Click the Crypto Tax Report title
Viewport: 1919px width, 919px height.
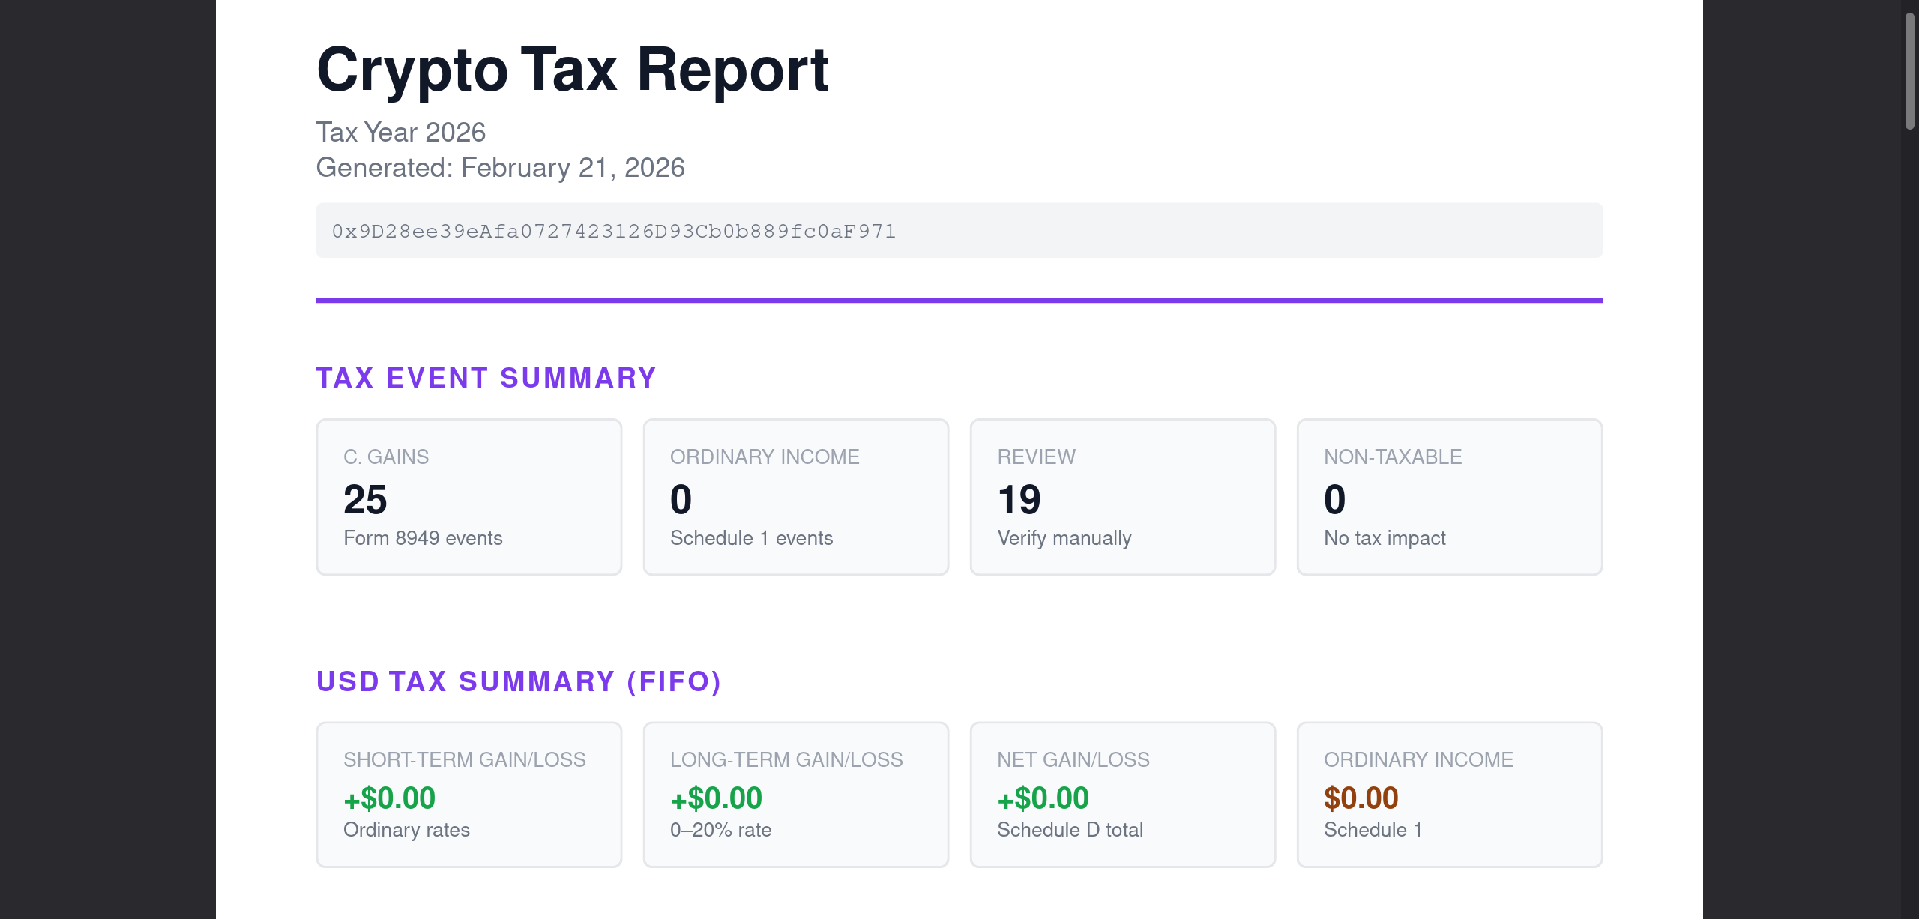(x=572, y=70)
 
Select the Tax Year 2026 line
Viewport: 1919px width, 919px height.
(x=400, y=133)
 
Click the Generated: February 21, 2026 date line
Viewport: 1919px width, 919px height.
(x=500, y=168)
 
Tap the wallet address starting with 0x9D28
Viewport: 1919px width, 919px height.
(x=613, y=231)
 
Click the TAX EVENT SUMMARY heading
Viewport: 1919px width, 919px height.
(x=486, y=378)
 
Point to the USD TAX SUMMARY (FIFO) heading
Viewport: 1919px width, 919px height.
(x=518, y=681)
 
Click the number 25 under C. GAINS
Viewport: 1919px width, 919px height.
(x=365, y=500)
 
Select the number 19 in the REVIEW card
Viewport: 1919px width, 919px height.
(x=1019, y=500)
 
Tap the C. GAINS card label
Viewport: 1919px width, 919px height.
(x=386, y=457)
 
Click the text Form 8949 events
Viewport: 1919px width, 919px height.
(x=423, y=538)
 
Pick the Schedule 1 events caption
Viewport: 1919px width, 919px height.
(x=751, y=538)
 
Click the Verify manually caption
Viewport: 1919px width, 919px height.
(x=1064, y=538)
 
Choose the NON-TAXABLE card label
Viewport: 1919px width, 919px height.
(x=1393, y=457)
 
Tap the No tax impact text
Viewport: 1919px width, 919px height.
(x=1385, y=538)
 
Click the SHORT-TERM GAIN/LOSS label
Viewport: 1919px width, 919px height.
(x=464, y=760)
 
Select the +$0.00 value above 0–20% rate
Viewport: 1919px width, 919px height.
(x=716, y=798)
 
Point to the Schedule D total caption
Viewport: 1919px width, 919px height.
(x=1070, y=830)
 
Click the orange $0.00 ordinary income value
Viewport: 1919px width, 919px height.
(x=1361, y=798)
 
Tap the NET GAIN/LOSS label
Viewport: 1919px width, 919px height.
(x=1073, y=760)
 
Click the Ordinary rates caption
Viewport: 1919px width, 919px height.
(x=406, y=830)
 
